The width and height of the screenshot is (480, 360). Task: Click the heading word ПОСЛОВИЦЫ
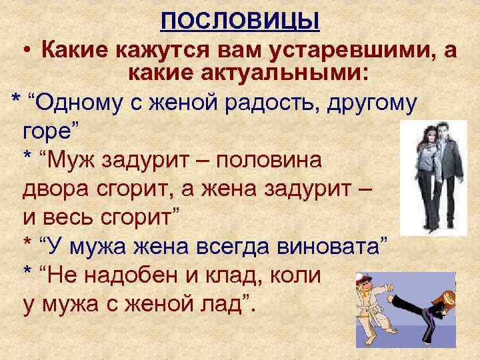240,23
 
